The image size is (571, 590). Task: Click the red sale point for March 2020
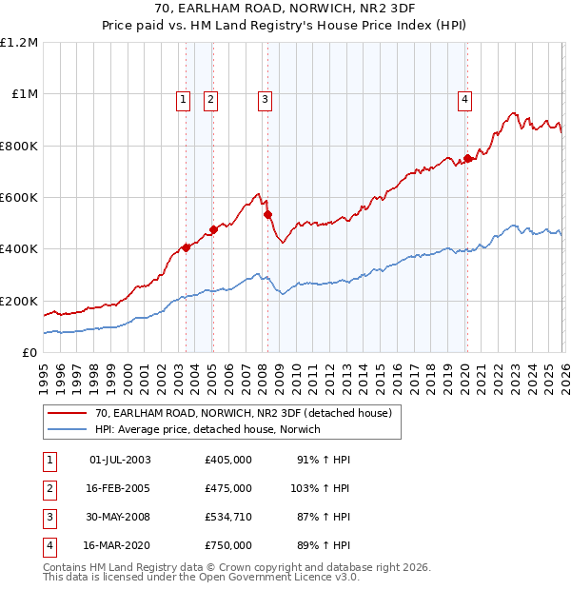tap(467, 159)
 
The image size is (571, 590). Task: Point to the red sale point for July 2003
tap(186, 247)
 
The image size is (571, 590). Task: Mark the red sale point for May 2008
tap(267, 214)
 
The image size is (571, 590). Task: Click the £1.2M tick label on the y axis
tap(19, 43)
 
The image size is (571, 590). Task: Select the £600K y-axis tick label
tap(19, 198)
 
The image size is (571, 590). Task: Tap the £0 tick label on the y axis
tap(29, 352)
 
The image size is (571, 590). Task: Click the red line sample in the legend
tap(67, 414)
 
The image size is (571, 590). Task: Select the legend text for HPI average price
tap(207, 429)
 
